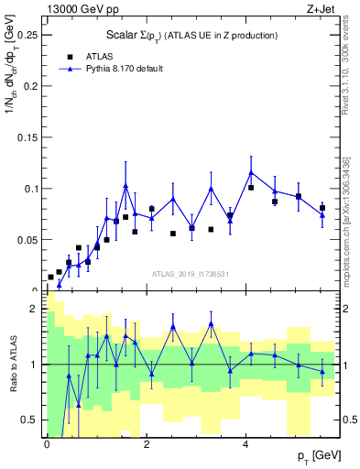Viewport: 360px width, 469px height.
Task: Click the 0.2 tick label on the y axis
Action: (29, 86)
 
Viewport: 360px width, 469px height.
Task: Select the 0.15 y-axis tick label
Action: (26, 137)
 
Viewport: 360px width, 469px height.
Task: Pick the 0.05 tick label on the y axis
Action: (26, 240)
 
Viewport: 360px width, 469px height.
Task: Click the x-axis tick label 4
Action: (245, 444)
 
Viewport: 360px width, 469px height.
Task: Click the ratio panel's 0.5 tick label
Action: (29, 420)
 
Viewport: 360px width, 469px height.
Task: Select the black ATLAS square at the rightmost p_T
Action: (322, 209)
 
